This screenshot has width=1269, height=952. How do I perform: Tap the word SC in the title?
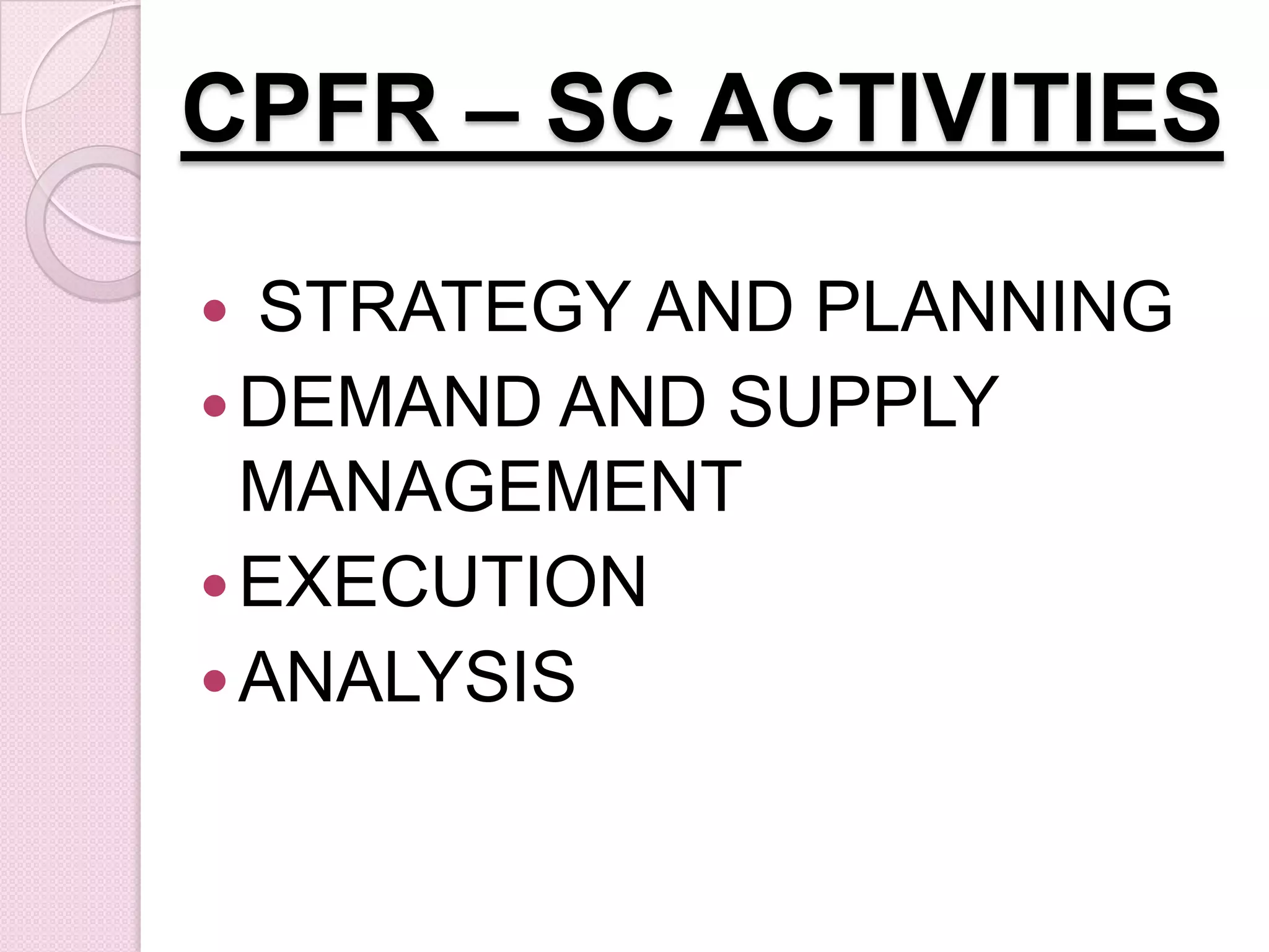click(x=610, y=110)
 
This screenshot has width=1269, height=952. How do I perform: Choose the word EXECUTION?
click(x=443, y=582)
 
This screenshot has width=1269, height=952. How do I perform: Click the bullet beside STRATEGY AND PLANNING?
click(x=214, y=310)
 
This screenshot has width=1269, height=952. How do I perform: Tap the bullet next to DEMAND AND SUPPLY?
click(x=214, y=405)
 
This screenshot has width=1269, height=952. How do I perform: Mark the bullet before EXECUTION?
click(x=214, y=585)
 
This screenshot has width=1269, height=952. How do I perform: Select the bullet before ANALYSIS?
click(x=214, y=679)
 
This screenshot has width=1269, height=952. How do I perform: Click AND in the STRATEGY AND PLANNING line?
click(x=719, y=307)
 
